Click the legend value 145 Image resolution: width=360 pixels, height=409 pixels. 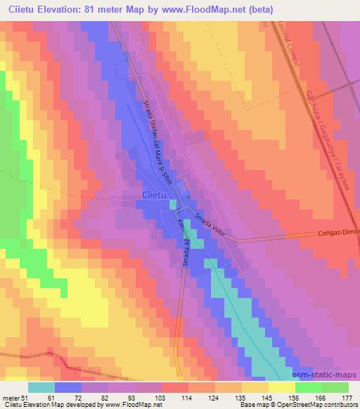pos(267,398)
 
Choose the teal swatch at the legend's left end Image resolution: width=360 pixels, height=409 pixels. pos(41,387)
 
